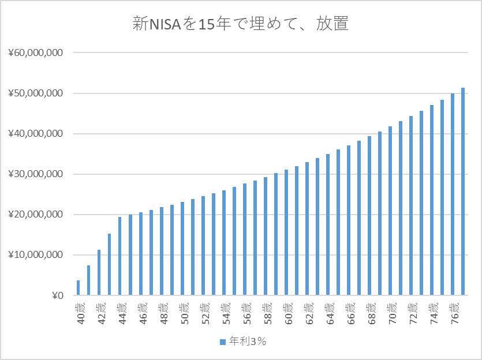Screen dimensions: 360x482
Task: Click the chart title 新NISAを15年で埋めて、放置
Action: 241,24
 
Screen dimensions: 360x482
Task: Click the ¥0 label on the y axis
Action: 57,295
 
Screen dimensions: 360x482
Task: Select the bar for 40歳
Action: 79,288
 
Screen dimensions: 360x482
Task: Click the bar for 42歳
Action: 99,273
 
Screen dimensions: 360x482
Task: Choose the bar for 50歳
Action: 182,249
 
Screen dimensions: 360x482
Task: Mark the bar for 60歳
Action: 286,232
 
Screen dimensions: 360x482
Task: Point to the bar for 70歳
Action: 390,211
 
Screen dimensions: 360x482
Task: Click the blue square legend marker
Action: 223,342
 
